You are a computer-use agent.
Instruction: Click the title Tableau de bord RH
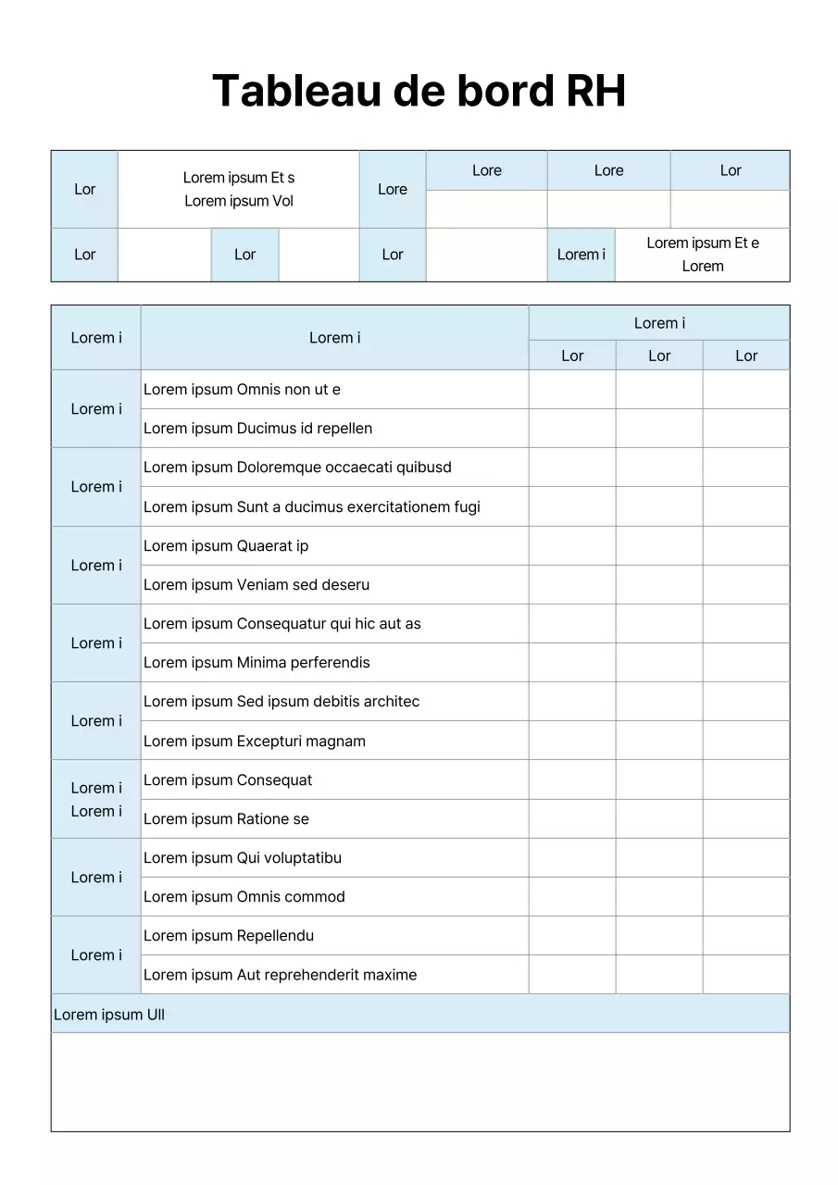tap(419, 92)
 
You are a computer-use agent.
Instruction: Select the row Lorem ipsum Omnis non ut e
tap(242, 390)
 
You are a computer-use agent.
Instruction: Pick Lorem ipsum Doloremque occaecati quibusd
tap(297, 468)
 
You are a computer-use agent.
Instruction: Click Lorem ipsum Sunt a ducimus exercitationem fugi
tap(311, 507)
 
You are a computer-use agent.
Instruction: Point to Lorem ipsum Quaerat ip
tap(226, 546)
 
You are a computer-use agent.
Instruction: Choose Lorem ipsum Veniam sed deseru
tap(256, 585)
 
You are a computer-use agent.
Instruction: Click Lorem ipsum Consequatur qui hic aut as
tap(281, 624)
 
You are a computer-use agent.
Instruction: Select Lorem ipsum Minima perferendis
tap(256, 663)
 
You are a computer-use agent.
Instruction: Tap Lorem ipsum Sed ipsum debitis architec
tap(281, 702)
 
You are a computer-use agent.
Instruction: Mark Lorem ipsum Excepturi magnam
tap(255, 742)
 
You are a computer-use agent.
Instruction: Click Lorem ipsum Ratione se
tap(226, 819)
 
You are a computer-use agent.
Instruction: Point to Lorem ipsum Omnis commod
tap(244, 897)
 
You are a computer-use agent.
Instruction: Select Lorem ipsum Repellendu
tap(229, 936)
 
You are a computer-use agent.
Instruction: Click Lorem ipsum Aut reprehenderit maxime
tap(280, 975)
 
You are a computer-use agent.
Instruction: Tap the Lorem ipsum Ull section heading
tap(109, 1015)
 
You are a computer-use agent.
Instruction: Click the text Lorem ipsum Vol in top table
tap(239, 202)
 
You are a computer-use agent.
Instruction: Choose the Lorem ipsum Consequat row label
tap(228, 780)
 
